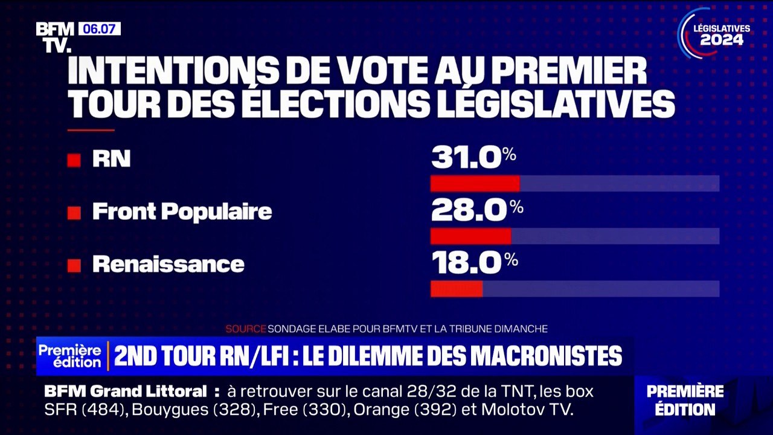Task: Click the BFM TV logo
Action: coord(54,37)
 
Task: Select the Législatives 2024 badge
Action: coord(716,34)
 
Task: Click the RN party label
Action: coord(111,159)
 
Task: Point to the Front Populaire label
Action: coord(182,211)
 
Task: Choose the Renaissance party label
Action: coord(168,264)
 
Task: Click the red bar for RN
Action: coord(475,184)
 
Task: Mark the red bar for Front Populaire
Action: coord(470,236)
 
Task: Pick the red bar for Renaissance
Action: coord(457,289)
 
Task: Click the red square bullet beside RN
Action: coord(74,160)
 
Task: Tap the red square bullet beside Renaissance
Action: coord(74,265)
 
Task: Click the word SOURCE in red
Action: coord(245,329)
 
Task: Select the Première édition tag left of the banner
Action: coord(70,356)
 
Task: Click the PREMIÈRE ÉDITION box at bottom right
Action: coord(685,400)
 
